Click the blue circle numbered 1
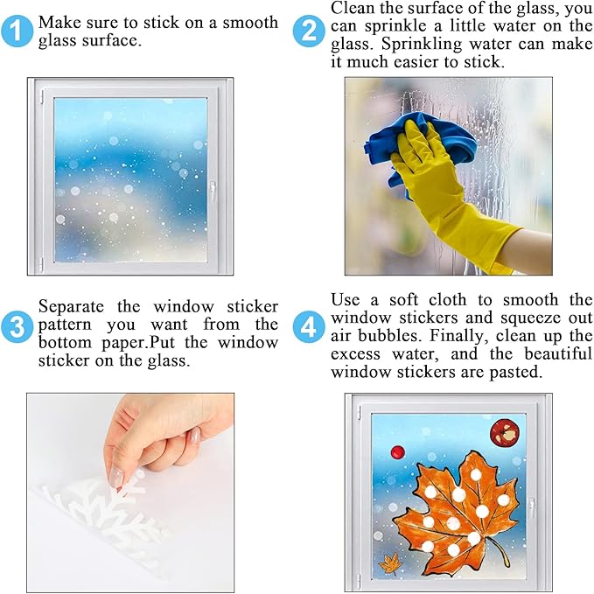pyautogui.click(x=17, y=31)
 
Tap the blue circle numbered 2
pyautogui.click(x=309, y=31)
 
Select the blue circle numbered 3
pyautogui.click(x=17, y=327)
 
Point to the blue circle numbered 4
pyautogui.click(x=309, y=327)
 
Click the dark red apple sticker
pyautogui.click(x=504, y=433)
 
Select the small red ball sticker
pyautogui.click(x=398, y=452)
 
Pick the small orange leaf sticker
pyautogui.click(x=391, y=563)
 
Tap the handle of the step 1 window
pyautogui.click(x=213, y=191)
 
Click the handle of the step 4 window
pyautogui.click(x=532, y=507)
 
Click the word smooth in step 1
pyautogui.click(x=250, y=23)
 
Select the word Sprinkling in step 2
pyautogui.click(x=422, y=44)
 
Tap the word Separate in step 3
pyautogui.click(x=71, y=306)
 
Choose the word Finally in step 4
pyautogui.click(x=459, y=336)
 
